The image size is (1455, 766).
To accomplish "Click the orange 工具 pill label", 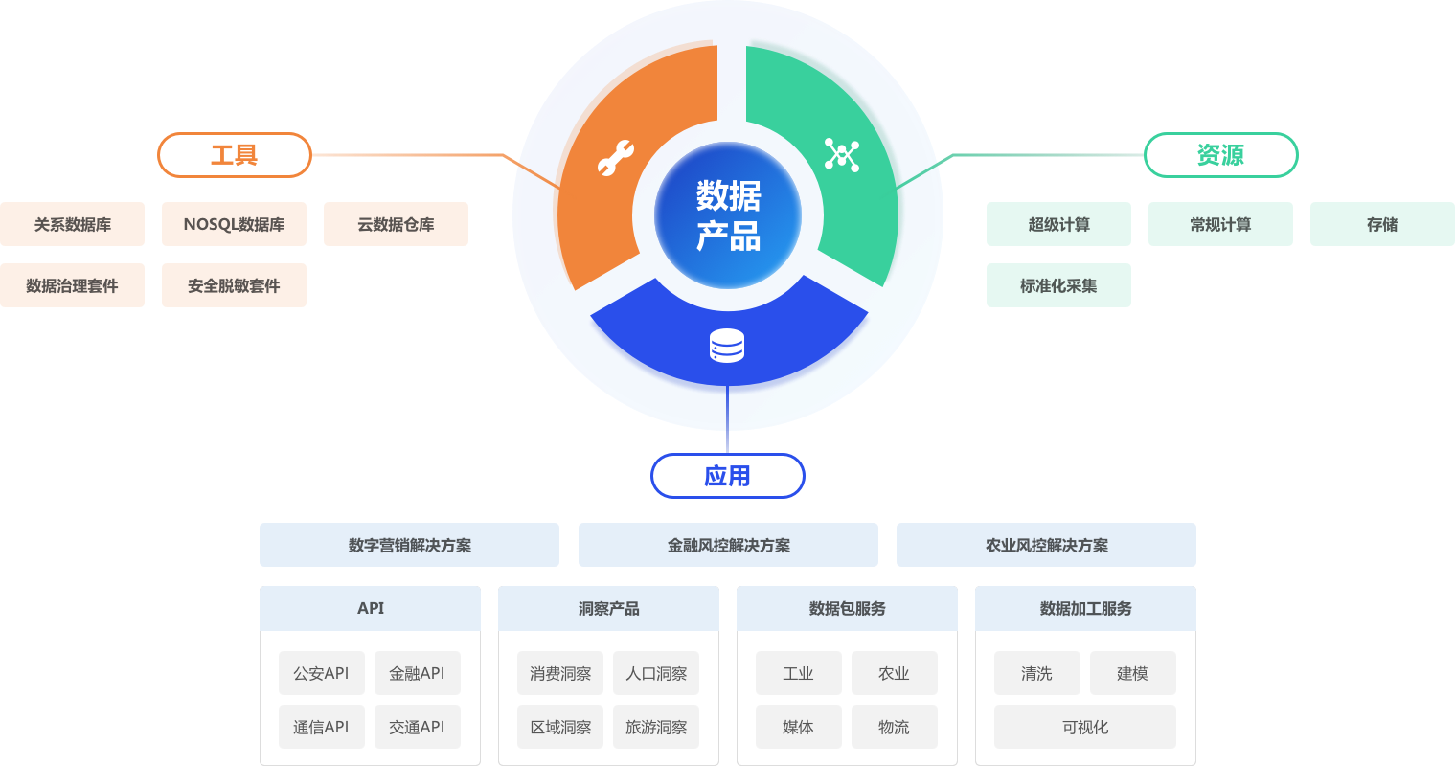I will (235, 155).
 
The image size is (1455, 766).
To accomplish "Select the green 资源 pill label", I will (1220, 155).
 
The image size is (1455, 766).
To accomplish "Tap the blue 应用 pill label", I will (727, 476).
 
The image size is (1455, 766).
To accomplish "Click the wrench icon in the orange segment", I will (615, 158).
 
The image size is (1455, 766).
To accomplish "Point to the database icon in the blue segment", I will (727, 346).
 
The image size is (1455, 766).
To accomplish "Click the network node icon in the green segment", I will (841, 155).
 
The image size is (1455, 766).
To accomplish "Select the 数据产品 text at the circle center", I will (728, 215).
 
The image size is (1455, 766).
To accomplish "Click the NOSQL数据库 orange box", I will (234, 224).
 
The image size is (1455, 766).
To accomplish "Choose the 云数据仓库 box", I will (396, 224).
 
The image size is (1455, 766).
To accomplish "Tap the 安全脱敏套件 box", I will (234, 285).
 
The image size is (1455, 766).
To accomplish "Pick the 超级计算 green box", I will (1058, 224).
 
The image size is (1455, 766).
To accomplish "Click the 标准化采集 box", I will (1058, 285).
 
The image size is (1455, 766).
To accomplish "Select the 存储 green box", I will (1382, 224).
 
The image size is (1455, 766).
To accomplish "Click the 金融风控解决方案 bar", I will (728, 545).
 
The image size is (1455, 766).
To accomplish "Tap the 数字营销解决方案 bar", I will (409, 545).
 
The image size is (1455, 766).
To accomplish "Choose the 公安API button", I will (321, 673).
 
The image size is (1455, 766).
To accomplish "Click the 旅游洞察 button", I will (656, 727).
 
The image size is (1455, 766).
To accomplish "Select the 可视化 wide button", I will (1085, 727).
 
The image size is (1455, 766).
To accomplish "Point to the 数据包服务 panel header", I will (847, 608).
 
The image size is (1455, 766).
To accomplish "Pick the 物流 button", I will (894, 727).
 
